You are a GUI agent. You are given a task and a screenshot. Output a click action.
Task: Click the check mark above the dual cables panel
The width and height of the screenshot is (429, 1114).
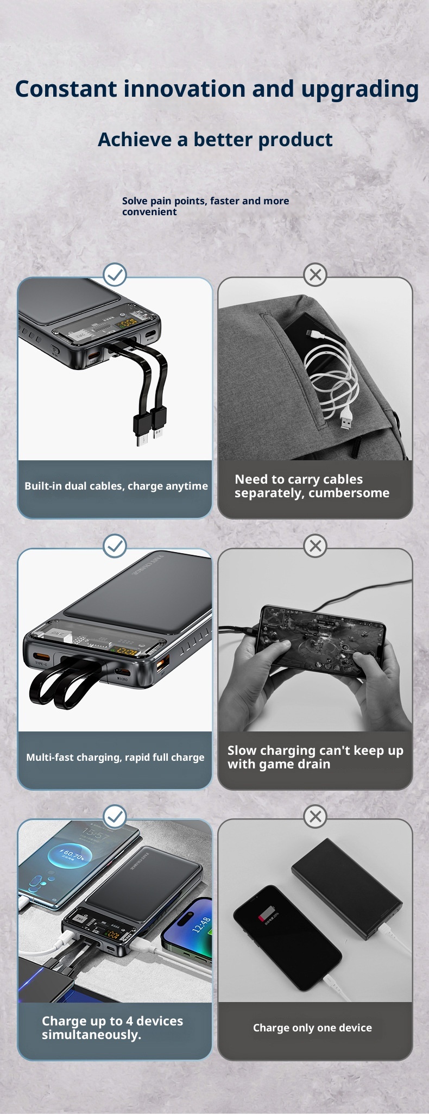tap(115, 275)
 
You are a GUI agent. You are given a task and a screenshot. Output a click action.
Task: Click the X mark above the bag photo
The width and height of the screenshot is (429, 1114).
tap(315, 275)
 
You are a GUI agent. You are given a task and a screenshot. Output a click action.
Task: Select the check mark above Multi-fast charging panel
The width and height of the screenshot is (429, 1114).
tap(115, 546)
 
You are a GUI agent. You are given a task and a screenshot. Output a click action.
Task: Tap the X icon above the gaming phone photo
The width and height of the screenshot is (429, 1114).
tap(315, 546)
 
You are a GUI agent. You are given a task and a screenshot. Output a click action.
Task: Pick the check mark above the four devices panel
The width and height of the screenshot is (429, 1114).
tap(115, 817)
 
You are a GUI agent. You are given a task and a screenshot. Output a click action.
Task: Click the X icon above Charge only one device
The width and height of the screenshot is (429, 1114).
tap(315, 817)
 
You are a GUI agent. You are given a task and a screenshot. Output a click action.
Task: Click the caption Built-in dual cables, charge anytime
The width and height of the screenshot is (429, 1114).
tap(116, 486)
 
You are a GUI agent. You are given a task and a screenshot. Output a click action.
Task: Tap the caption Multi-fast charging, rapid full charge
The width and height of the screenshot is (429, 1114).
tap(115, 758)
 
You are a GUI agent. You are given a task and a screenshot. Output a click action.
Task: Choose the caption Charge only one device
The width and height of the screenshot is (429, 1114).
tap(312, 1028)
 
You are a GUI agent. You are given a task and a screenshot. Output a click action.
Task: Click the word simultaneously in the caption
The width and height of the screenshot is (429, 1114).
tap(91, 1035)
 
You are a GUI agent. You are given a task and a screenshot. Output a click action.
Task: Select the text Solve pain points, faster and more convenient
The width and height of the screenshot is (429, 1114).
tap(205, 206)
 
